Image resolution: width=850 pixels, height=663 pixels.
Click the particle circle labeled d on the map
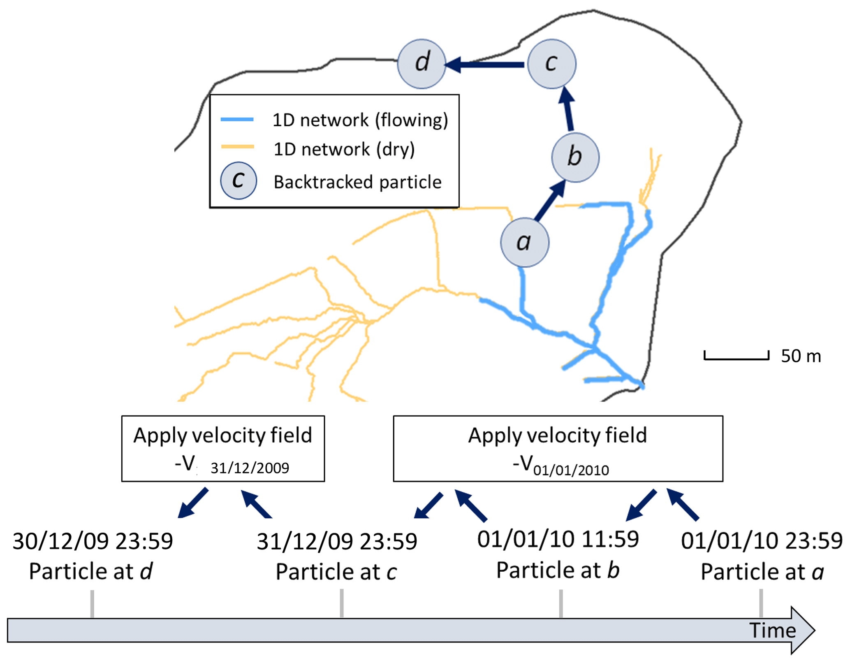(x=422, y=64)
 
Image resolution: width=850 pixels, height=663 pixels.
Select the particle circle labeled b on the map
(x=575, y=158)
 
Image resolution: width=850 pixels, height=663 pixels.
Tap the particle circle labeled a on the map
(x=524, y=242)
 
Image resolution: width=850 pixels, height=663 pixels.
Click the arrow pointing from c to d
(x=485, y=65)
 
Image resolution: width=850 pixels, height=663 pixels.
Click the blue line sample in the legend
(x=237, y=120)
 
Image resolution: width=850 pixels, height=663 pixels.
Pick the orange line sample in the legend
(x=237, y=147)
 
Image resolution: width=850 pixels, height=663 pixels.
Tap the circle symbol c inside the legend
(x=239, y=181)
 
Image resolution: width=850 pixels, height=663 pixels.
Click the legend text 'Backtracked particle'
(x=357, y=182)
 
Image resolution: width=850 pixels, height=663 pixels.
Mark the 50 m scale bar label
(x=800, y=356)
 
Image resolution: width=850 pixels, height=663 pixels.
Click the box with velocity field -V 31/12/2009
(x=223, y=448)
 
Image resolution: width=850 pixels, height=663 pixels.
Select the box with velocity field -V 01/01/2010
(x=558, y=448)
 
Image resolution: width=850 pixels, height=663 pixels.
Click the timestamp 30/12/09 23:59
(x=93, y=541)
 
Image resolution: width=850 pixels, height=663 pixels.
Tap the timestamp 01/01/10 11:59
(x=558, y=539)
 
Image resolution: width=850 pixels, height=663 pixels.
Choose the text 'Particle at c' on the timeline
(x=336, y=572)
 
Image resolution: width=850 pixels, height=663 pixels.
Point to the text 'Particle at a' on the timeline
(x=762, y=572)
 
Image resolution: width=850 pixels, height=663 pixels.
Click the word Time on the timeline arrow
(x=772, y=631)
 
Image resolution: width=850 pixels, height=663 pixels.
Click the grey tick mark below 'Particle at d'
(x=92, y=603)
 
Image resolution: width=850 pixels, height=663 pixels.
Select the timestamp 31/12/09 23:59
(x=337, y=541)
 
